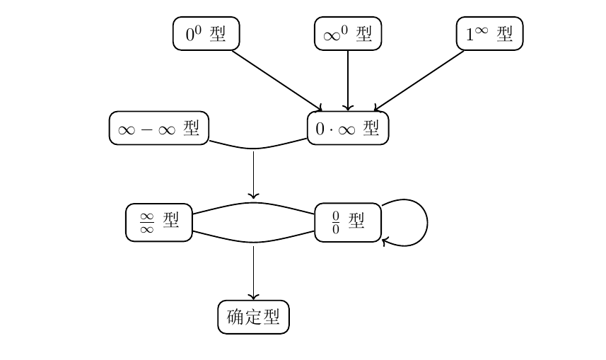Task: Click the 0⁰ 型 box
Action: (206, 34)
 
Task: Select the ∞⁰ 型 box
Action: (348, 34)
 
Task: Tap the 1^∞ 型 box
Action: (489, 34)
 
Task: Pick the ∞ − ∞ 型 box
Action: (159, 128)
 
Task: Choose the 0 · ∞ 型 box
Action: (348, 128)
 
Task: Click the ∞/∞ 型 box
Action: (159, 222)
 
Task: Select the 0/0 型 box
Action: (348, 222)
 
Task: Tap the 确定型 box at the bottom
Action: (253, 317)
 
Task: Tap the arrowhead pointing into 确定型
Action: (253, 297)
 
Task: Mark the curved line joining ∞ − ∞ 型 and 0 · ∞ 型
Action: (253, 149)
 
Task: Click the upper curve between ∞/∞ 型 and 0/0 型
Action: (253, 203)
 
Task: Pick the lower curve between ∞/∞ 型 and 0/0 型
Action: (253, 242)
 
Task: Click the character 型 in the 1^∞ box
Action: (505, 34)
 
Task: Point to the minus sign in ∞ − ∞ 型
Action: (147, 129)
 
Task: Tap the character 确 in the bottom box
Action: (235, 317)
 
